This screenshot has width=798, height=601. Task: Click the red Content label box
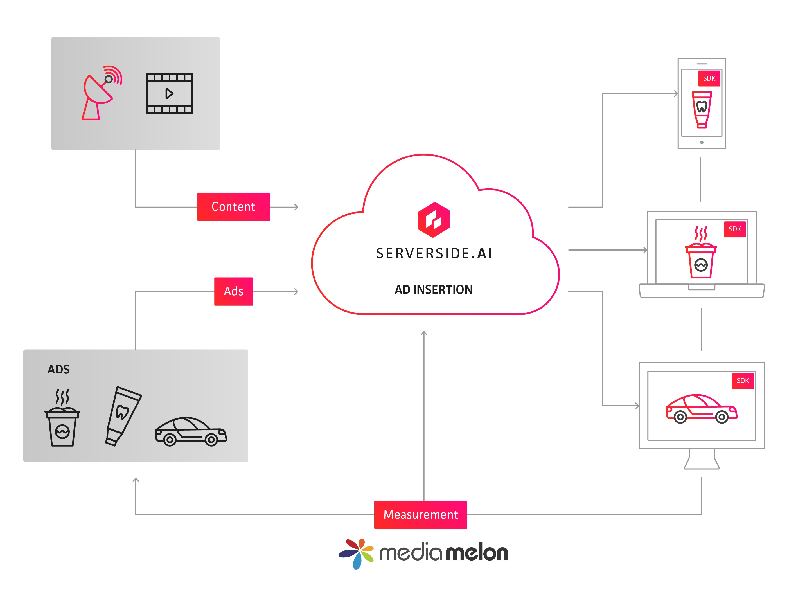tap(233, 207)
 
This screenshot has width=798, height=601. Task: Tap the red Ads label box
tap(233, 291)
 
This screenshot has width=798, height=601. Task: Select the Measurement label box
tap(420, 514)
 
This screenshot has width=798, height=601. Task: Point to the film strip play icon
tap(169, 93)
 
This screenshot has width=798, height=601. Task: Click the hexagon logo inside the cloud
tap(434, 219)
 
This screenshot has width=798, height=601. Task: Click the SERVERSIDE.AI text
tap(434, 253)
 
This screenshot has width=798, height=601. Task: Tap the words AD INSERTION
tap(433, 289)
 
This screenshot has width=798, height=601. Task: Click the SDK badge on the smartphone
tap(709, 78)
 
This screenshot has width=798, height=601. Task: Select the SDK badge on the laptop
tap(734, 229)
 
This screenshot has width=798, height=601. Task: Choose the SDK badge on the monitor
tap(742, 381)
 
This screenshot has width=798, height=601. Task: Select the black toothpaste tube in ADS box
tap(123, 416)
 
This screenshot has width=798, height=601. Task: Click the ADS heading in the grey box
tap(58, 369)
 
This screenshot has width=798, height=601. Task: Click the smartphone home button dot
tap(702, 142)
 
